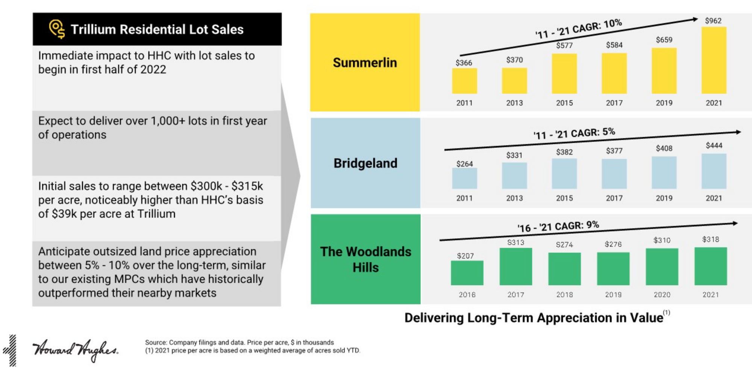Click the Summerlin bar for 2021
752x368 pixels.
tap(714, 60)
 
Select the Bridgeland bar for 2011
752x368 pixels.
tap(464, 178)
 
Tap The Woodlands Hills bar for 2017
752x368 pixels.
tap(515, 267)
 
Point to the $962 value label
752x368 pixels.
tap(713, 21)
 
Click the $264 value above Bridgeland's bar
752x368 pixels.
tap(464, 164)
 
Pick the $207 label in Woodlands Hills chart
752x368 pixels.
tap(465, 256)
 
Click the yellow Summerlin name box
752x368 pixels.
tap(365, 62)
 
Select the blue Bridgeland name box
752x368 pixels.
tap(365, 163)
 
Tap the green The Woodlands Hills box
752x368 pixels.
tap(365, 259)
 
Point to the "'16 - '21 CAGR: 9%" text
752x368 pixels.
tap(558, 226)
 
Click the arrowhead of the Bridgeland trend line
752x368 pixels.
tap(738, 132)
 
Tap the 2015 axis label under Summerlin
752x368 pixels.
tap(564, 103)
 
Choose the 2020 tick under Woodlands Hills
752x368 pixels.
tap(662, 295)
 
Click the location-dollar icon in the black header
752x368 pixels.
tap(57, 29)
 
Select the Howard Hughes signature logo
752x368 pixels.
tap(75, 350)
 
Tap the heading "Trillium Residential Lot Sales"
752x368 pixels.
tap(157, 29)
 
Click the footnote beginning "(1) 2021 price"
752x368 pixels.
tap(253, 351)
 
